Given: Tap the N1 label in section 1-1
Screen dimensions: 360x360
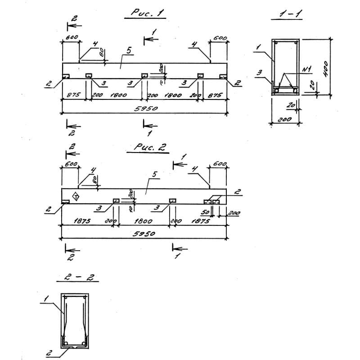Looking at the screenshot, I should point(307,69).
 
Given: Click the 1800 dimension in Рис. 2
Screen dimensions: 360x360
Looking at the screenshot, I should point(144,221).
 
